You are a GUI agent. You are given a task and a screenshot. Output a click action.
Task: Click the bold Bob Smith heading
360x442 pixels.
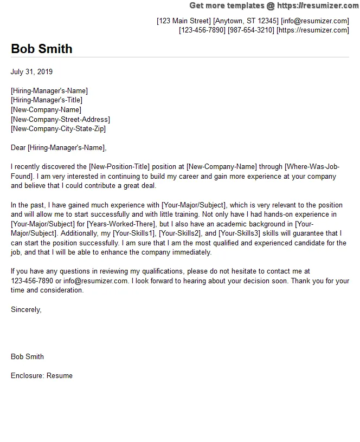pyautogui.click(x=41, y=49)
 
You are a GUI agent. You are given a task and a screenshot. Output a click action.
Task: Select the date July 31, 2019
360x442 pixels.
pyautogui.click(x=32, y=71)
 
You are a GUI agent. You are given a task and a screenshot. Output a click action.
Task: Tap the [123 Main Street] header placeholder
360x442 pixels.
pyautogui.click(x=183, y=21)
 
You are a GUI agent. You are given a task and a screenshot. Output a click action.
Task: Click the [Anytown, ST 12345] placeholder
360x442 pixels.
pyautogui.click(x=246, y=21)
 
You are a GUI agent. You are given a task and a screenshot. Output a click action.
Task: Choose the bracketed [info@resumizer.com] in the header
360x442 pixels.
pyautogui.click(x=315, y=21)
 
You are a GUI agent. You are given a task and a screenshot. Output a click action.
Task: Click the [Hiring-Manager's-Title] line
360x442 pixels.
pyautogui.click(x=47, y=100)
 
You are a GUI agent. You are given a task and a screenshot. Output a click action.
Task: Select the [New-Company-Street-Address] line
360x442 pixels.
pyautogui.click(x=60, y=119)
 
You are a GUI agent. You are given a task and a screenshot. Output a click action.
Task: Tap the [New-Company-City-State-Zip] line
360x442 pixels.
pyautogui.click(x=58, y=129)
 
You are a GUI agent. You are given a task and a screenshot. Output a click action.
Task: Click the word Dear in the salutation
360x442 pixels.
pyautogui.click(x=18, y=148)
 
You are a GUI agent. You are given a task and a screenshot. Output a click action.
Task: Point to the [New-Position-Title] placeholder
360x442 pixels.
pyautogui.click(x=126, y=167)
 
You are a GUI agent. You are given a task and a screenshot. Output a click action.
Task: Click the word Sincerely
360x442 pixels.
pyautogui.click(x=25, y=309)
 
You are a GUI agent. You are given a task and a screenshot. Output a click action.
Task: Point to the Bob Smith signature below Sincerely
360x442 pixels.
pyautogui.click(x=27, y=357)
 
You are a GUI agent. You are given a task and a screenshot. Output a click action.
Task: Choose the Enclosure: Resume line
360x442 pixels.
pyautogui.click(x=41, y=376)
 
